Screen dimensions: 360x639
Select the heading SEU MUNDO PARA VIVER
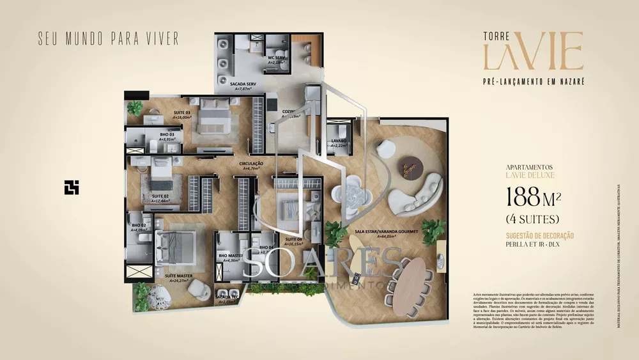coord(108,36)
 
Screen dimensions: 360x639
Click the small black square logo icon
coord(72,186)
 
